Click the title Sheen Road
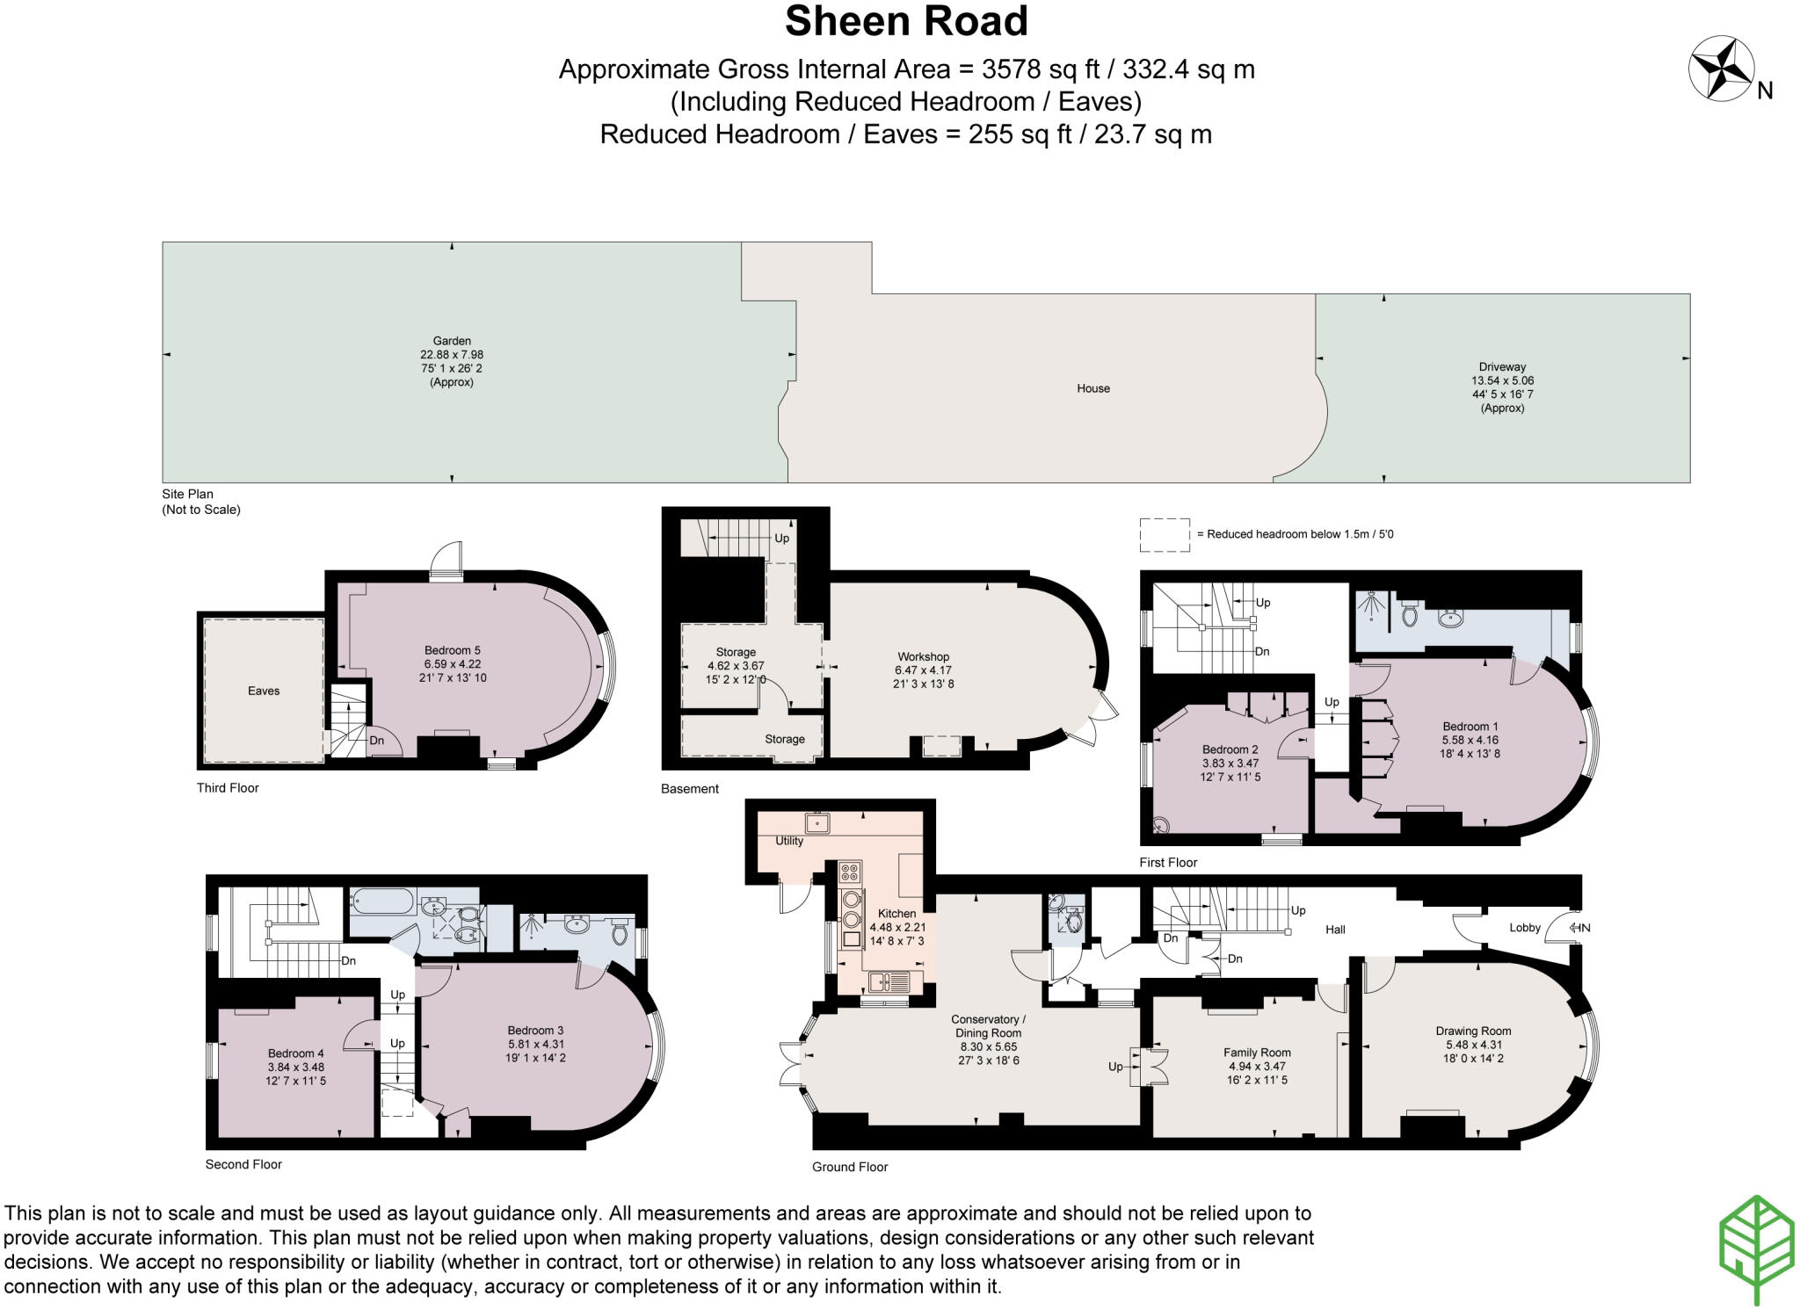point(906,21)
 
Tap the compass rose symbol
point(1722,69)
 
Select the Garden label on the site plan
point(452,341)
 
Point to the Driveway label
point(1502,367)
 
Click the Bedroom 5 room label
point(453,651)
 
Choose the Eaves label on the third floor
point(264,691)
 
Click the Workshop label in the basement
point(924,657)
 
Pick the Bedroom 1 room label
point(1470,727)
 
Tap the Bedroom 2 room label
point(1230,749)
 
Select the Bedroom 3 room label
point(535,1031)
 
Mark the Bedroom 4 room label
point(296,1053)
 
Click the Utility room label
point(789,841)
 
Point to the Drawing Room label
point(1473,1031)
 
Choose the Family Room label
point(1257,1053)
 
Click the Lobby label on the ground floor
point(1525,928)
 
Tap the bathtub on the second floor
point(381,901)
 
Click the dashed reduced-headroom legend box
point(1165,535)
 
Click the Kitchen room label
point(896,914)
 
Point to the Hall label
point(1335,930)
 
